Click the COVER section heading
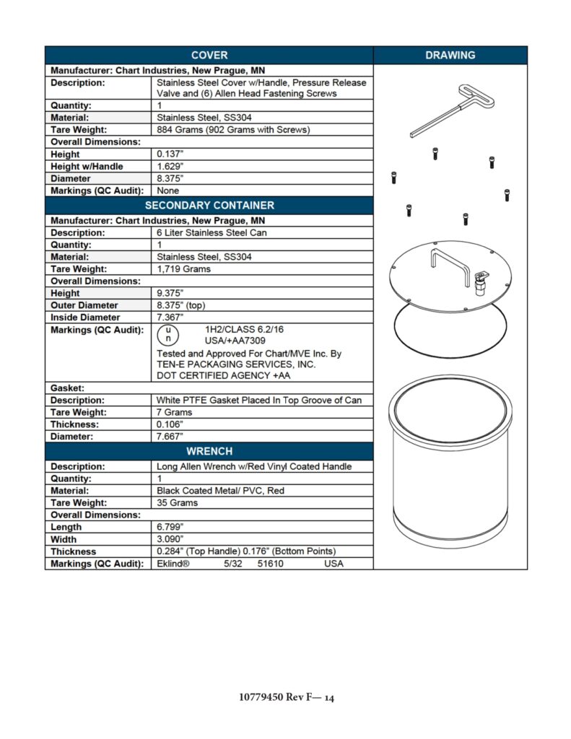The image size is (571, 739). (x=209, y=56)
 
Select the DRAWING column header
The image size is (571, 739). (x=450, y=56)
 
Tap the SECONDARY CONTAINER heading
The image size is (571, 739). (x=209, y=205)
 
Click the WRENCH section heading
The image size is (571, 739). (x=209, y=451)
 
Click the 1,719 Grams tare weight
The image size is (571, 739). (x=184, y=268)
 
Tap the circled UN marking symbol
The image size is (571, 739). (x=167, y=334)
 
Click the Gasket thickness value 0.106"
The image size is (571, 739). (x=171, y=424)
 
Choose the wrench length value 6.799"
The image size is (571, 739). (x=170, y=527)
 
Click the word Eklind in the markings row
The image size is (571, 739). (x=173, y=564)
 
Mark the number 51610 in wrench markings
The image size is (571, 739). (x=270, y=564)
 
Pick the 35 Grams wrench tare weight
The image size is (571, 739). (x=177, y=502)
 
